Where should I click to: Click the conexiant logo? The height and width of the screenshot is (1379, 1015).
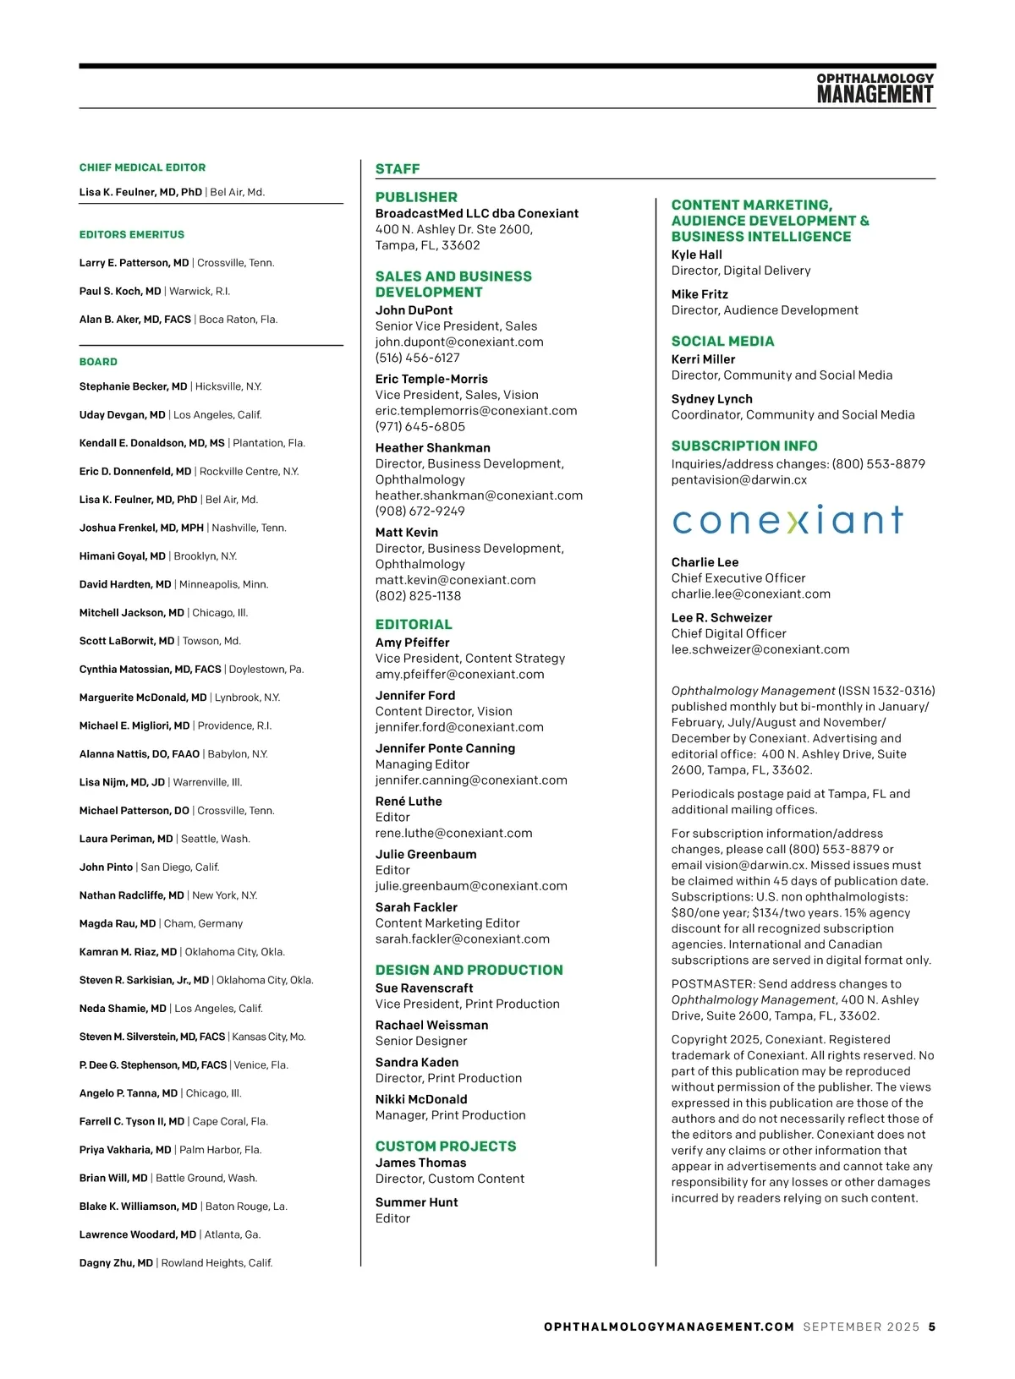pos(787,520)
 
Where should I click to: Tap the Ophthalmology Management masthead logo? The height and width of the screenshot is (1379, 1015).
pos(875,89)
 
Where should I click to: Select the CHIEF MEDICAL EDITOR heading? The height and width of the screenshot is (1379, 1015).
pos(142,167)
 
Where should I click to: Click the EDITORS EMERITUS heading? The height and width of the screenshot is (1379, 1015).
pos(132,234)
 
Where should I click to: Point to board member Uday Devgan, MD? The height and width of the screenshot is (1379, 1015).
pos(123,415)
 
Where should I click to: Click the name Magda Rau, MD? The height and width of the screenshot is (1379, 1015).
pos(118,923)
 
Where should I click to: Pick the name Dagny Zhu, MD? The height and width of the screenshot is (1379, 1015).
pos(116,1263)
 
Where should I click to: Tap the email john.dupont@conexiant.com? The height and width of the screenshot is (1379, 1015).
pos(459,342)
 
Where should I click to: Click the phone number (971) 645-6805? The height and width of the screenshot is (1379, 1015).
pos(420,427)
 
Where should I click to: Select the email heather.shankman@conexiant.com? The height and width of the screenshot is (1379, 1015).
pos(479,495)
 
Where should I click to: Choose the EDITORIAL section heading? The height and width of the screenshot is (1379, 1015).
pos(414,625)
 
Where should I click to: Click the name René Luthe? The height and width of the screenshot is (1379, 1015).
pos(409,802)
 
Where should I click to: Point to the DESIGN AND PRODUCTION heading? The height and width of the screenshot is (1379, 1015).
pos(469,971)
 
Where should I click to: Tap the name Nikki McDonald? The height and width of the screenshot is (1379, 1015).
pos(421,1100)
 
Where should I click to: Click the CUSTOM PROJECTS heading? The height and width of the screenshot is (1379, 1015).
pos(446,1146)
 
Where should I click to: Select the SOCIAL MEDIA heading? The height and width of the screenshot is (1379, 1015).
pos(722,342)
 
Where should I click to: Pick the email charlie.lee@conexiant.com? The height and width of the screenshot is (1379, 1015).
pos(751,594)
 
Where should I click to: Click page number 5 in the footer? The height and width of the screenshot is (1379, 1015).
pos(932,1327)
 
